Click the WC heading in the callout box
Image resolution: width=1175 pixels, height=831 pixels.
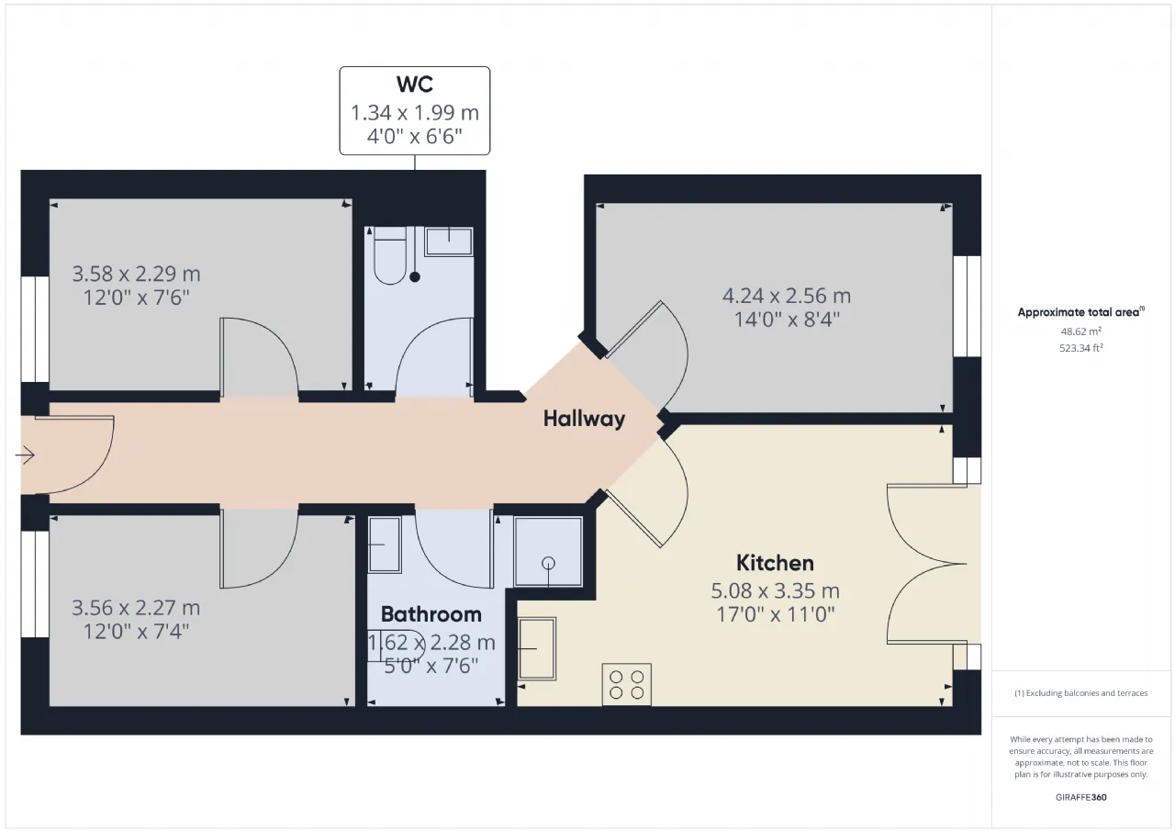[414, 84]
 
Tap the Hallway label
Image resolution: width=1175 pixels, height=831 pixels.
[584, 419]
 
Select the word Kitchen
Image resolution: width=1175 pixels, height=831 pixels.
[775, 563]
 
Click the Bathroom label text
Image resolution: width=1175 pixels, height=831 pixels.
[431, 614]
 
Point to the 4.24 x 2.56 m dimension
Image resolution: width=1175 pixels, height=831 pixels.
[787, 296]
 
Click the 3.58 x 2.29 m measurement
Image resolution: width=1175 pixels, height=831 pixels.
[136, 274]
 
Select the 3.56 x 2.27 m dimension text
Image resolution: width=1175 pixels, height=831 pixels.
[136, 608]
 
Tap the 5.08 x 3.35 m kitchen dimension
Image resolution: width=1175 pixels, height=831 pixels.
[775, 590]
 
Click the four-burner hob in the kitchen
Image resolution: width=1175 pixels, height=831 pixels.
[626, 684]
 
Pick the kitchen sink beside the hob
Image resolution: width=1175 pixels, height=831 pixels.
[537, 648]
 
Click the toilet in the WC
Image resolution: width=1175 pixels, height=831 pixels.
[390, 256]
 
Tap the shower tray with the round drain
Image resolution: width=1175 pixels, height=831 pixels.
[548, 552]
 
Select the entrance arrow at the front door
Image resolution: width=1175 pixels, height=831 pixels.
[25, 455]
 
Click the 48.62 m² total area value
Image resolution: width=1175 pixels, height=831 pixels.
[1080, 331]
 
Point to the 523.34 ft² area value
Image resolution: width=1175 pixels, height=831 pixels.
[1080, 348]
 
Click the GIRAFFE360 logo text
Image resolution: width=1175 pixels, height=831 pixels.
[1080, 797]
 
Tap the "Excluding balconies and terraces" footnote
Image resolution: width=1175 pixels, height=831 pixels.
[1080, 693]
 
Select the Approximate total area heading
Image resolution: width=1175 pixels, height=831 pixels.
[1080, 312]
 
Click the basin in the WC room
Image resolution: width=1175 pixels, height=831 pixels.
[449, 241]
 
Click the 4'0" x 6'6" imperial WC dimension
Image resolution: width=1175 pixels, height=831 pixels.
[414, 137]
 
